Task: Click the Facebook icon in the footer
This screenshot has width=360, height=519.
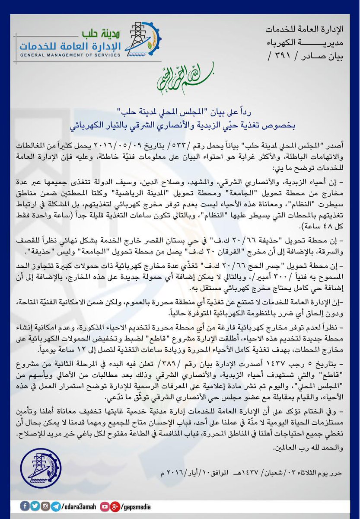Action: coord(22,506)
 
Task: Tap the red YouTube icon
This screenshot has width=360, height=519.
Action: coord(104,506)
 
